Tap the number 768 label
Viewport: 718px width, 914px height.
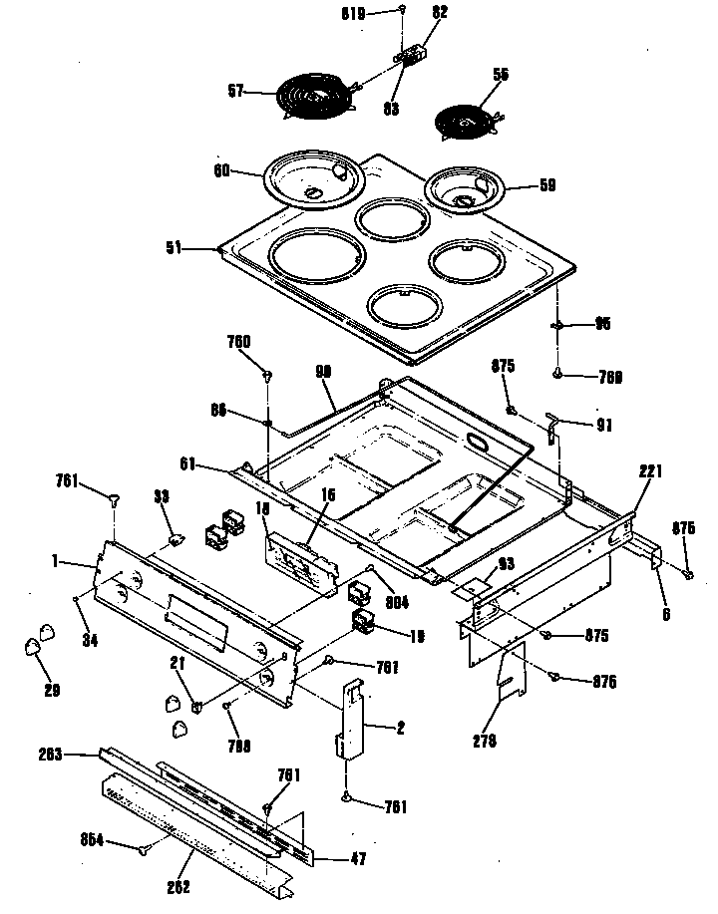coord(582,376)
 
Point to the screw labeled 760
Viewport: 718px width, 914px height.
coord(267,376)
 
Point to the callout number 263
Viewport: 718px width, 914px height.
coord(77,755)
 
